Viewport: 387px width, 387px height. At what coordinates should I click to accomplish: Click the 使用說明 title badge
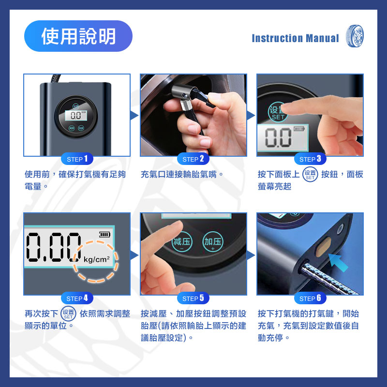[x=78, y=36]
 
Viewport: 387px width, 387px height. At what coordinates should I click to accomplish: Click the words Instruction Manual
[x=295, y=38]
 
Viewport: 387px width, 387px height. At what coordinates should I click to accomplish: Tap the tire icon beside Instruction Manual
[x=355, y=36]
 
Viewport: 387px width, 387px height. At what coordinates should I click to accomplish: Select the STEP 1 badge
[x=77, y=159]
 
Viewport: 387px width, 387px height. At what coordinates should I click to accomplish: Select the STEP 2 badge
[x=193, y=159]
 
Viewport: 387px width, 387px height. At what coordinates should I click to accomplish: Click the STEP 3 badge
[x=310, y=159]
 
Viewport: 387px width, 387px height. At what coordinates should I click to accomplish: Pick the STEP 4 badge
[x=77, y=298]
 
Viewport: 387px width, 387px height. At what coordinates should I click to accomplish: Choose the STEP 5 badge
[x=193, y=298]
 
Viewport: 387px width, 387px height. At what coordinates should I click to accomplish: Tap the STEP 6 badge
[x=310, y=298]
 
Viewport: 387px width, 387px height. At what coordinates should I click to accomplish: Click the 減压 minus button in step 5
[x=182, y=242]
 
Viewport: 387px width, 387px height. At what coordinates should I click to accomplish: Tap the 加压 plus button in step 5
[x=213, y=242]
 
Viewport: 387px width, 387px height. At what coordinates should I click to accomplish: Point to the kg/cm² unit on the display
[x=96, y=259]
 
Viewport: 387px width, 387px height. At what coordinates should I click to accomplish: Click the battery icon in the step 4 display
[x=104, y=234]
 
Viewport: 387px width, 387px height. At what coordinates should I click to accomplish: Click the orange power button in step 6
[x=323, y=246]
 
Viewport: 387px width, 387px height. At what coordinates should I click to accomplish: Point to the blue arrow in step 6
[x=338, y=263]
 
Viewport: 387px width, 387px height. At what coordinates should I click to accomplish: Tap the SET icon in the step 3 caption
[x=310, y=175]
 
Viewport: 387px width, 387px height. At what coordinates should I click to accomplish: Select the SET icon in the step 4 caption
[x=68, y=313]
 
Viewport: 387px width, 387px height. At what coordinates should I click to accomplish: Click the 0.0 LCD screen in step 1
[x=76, y=116]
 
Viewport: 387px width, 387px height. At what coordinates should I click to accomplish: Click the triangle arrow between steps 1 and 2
[x=134, y=115]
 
